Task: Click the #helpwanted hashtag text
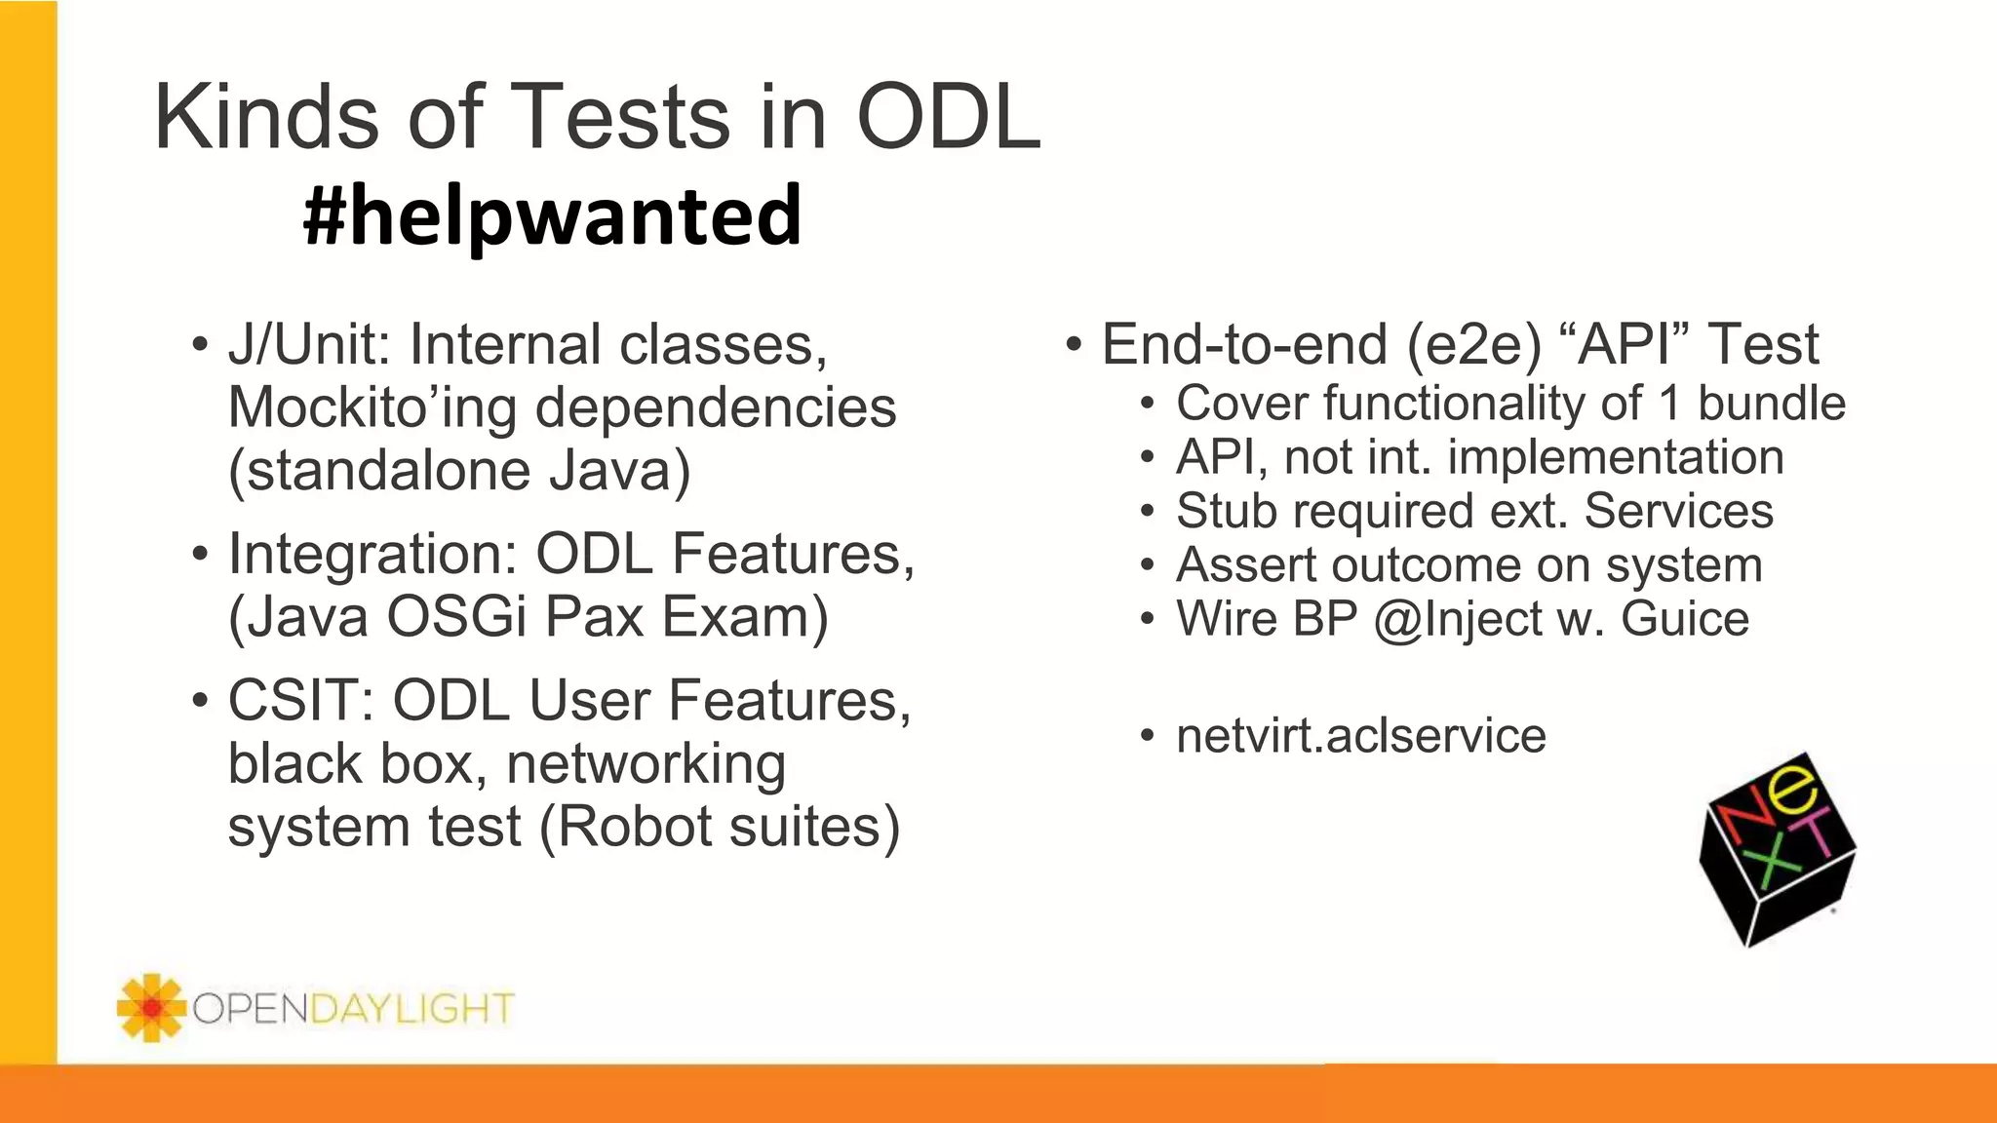click(x=552, y=215)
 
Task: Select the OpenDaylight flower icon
click(x=150, y=1007)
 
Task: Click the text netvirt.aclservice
click(x=1360, y=736)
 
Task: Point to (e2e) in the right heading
click(x=1473, y=345)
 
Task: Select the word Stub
click(x=1227, y=512)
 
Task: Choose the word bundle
click(x=1772, y=404)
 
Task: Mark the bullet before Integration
click(x=200, y=555)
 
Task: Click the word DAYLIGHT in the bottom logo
click(x=411, y=1008)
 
